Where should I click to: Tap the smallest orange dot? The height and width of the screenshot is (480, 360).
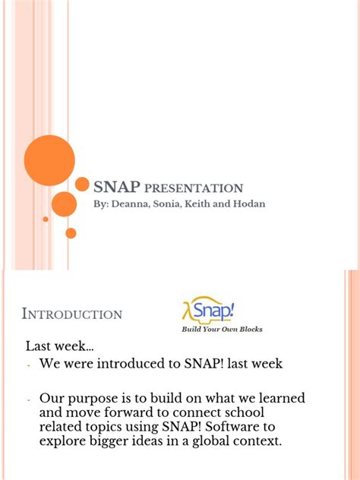coord(46,219)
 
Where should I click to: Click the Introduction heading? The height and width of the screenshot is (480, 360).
coord(72,314)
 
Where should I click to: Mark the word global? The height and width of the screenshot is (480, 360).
coord(207,441)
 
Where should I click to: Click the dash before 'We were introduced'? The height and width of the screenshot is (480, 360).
coord(29,365)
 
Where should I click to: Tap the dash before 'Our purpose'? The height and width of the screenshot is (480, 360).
coord(29,399)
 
